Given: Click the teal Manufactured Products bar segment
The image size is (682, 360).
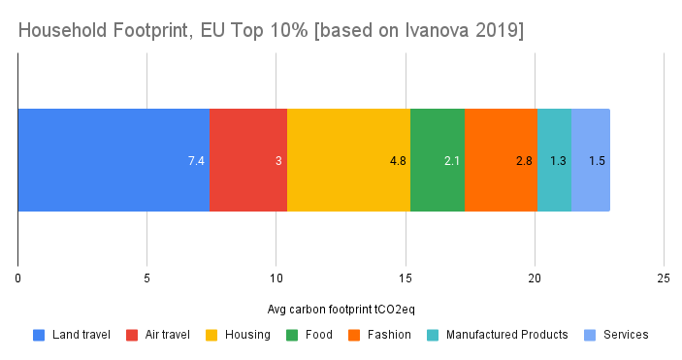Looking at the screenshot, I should [553, 136].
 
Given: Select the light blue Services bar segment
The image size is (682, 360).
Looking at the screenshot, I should [591, 136].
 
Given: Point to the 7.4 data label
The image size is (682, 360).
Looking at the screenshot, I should [196, 160].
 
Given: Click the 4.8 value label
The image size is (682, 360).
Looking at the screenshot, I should [398, 160].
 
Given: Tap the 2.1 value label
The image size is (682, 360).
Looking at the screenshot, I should [452, 160].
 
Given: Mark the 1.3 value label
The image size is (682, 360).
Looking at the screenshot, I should [559, 160].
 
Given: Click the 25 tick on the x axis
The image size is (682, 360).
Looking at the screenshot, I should [664, 278].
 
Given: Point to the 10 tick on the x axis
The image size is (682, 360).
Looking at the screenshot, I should [276, 278].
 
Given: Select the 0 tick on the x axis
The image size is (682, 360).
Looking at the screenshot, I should [17, 278].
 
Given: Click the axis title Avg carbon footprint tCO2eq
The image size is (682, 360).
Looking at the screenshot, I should [341, 310].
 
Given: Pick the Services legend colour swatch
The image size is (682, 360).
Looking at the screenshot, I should [590, 335].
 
